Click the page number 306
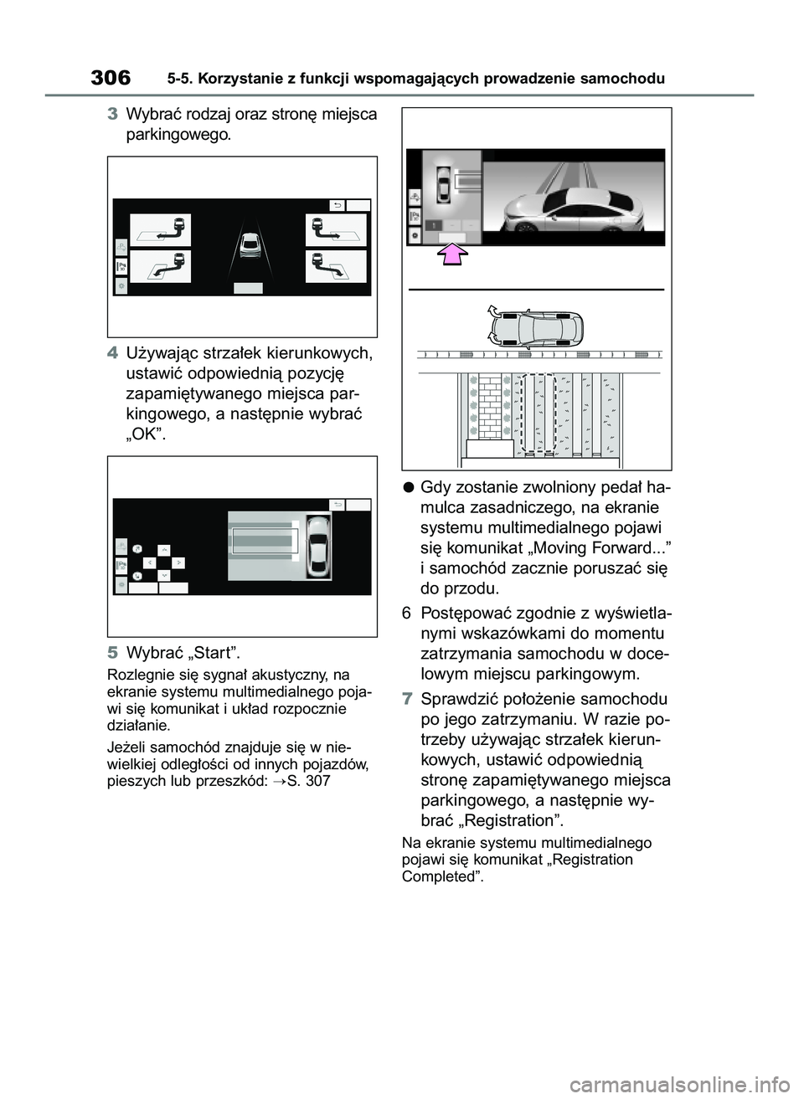pyautogui.click(x=111, y=79)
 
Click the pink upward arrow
pyautogui.click(x=451, y=254)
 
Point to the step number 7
pyautogui.click(x=407, y=699)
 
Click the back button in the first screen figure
pyautogui.click(x=337, y=204)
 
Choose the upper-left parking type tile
pyautogui.click(x=160, y=230)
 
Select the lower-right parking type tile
pyautogui.click(x=336, y=267)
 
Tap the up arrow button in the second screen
pyautogui.click(x=163, y=550)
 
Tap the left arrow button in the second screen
pyautogui.click(x=147, y=562)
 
